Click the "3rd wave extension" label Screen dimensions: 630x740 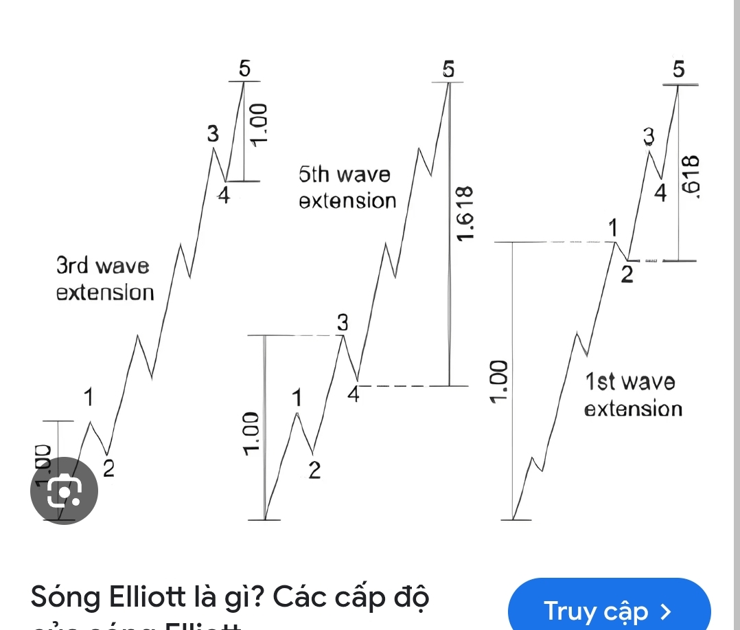point(104,279)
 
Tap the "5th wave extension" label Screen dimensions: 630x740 point(348,188)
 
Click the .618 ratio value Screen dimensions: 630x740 point(695,177)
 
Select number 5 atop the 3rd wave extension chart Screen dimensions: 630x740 point(244,69)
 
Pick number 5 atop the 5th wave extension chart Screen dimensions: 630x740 point(449,69)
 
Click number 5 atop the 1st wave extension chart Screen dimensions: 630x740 point(679,69)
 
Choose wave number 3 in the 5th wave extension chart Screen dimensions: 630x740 point(343,322)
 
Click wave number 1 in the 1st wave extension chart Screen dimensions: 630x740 point(613,227)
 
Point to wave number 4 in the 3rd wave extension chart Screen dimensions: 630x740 point(224,196)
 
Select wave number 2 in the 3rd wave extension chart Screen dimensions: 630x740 point(108,469)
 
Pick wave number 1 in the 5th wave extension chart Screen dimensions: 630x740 point(297,398)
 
